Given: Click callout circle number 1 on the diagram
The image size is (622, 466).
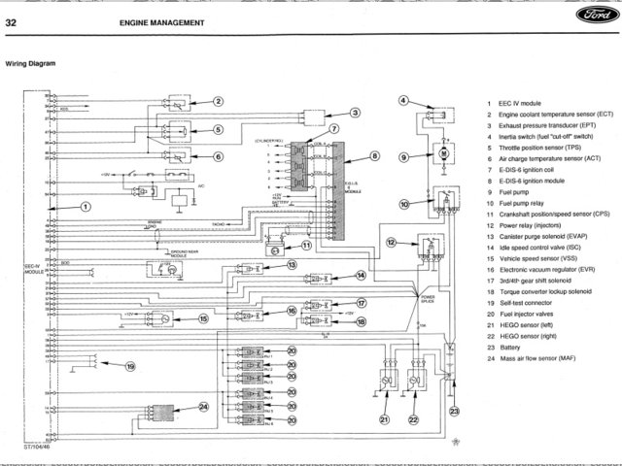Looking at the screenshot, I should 86,206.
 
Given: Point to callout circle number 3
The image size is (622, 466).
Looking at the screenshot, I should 356,113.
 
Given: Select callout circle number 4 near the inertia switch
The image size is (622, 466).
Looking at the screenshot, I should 403,100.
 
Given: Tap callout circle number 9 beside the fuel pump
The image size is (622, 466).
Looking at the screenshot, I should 403,155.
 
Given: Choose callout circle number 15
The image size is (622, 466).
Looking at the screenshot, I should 204,317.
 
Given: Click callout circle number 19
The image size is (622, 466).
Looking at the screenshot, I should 130,367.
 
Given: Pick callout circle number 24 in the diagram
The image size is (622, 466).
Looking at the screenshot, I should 203,407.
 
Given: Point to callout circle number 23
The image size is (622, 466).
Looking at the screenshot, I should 454,412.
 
